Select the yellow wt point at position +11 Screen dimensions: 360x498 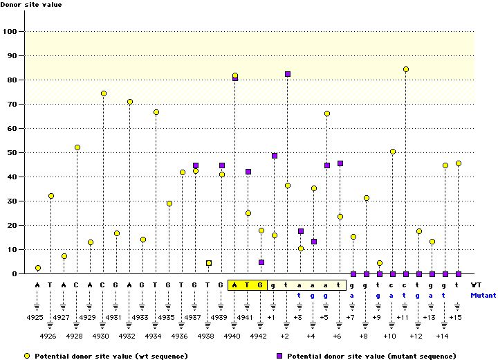pos(406,69)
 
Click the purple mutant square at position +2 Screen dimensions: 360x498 pos(288,74)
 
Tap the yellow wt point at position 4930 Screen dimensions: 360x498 pos(104,93)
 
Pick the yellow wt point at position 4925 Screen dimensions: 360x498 pos(38,268)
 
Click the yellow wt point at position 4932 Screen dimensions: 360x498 pos(130,102)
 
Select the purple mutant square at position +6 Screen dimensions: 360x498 pos(340,163)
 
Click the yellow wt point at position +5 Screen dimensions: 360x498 pos(327,114)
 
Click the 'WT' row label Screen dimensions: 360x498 pos(477,284)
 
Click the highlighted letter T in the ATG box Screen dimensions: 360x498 pos(248,284)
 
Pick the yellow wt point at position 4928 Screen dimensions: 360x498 pos(77,147)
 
